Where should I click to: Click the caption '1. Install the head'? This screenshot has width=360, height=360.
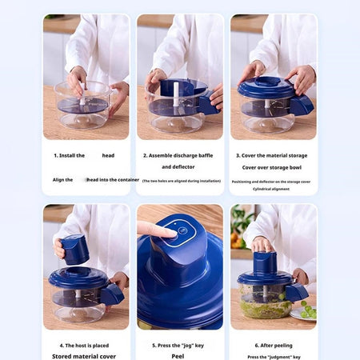pyautogui.click(x=84, y=155)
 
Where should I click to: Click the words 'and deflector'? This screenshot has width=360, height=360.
pyautogui.click(x=178, y=167)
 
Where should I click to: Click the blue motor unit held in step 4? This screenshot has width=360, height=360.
pyautogui.click(x=74, y=249)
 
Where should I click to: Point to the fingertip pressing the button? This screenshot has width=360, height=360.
pyautogui.click(x=167, y=233)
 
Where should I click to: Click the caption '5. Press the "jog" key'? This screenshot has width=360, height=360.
pyautogui.click(x=179, y=346)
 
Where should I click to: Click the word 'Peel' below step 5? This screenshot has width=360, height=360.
pyautogui.click(x=179, y=357)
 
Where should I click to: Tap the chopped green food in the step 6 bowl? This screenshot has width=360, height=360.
pyautogui.click(x=264, y=307)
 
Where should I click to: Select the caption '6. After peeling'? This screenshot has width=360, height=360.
pyautogui.click(x=274, y=346)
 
